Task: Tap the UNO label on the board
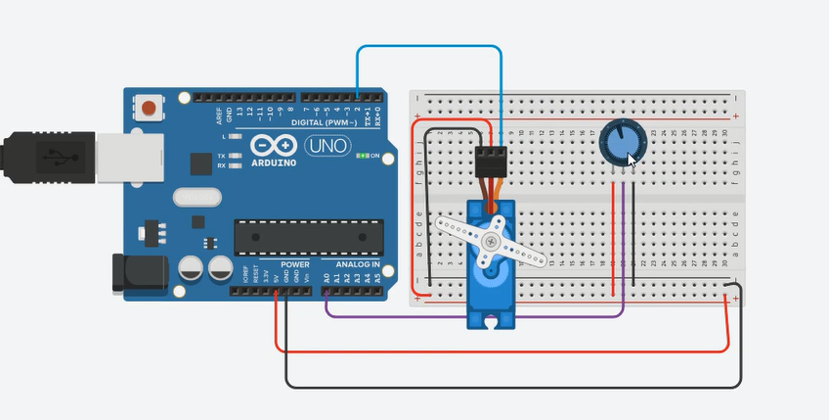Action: (327, 147)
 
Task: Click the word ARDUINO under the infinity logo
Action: (273, 163)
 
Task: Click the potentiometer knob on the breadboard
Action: (619, 143)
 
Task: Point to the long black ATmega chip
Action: (308, 237)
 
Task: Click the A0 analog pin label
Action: (327, 278)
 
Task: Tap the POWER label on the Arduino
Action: (294, 264)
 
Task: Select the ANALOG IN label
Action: (357, 264)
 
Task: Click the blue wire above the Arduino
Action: (430, 46)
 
